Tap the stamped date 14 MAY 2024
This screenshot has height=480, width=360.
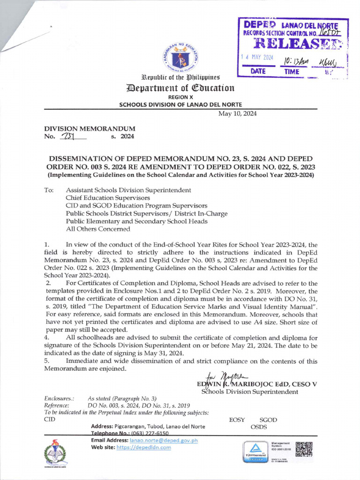pos(257,58)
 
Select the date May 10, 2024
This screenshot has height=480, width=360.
pos(238,113)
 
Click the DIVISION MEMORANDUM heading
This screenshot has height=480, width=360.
pos(90,128)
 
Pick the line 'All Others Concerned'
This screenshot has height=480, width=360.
pos(98,229)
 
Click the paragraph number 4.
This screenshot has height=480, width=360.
pos(47,337)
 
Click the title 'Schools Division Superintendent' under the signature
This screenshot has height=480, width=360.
pos(249,392)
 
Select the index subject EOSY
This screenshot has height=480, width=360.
pos(237,420)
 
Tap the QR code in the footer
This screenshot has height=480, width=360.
pos(304,449)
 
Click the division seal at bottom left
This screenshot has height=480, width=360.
pos(55,453)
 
